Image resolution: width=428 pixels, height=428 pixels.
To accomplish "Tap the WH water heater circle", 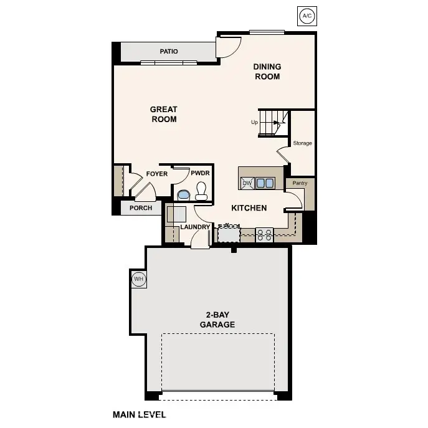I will tap(138, 279).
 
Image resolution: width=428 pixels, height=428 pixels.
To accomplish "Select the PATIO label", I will tap(168, 52).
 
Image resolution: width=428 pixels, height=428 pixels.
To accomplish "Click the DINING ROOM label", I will tap(267, 72).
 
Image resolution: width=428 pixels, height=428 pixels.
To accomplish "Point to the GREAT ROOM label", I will tap(164, 114).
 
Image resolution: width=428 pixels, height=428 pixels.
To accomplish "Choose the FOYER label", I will tap(157, 174).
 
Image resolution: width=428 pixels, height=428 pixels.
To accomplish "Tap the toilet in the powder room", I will tap(201, 190).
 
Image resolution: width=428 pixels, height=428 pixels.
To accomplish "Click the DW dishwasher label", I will tap(247, 183).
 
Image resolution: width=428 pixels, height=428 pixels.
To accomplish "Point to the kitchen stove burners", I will tap(265, 234).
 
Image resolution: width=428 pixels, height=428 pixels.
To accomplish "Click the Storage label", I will tap(303, 143).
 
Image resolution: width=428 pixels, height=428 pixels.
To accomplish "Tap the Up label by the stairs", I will tap(254, 123).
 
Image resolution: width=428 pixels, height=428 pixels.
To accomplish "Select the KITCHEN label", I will tap(249, 208).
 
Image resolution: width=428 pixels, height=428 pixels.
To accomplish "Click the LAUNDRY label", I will tap(195, 227).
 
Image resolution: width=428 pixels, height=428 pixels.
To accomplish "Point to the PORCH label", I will tap(141, 208).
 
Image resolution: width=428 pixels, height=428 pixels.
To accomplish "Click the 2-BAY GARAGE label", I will tap(217, 320).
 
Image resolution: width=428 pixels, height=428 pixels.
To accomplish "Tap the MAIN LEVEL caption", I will tap(140, 414).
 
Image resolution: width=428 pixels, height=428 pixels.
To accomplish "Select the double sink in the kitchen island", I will tap(265, 183).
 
